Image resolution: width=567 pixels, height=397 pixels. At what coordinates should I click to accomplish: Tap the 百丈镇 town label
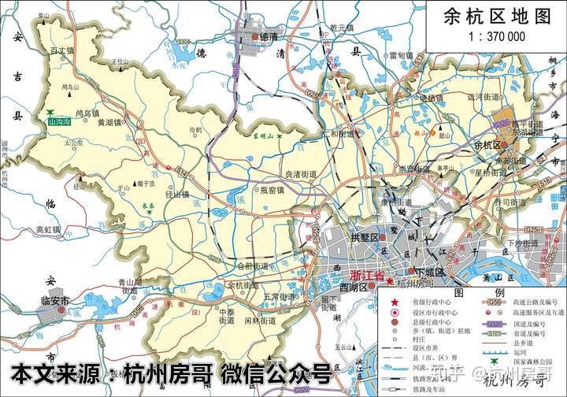(x=61, y=50)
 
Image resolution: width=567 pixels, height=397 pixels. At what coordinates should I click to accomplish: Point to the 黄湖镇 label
(x=109, y=122)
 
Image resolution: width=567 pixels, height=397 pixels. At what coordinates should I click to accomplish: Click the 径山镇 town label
(x=177, y=193)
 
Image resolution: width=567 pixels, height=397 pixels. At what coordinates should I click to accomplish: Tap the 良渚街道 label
(x=301, y=174)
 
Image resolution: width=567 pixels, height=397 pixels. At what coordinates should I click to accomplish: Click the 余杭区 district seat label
(x=487, y=145)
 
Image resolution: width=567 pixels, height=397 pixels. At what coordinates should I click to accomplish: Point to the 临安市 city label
(x=55, y=301)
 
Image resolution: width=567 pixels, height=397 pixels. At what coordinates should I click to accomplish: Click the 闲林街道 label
(x=259, y=321)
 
